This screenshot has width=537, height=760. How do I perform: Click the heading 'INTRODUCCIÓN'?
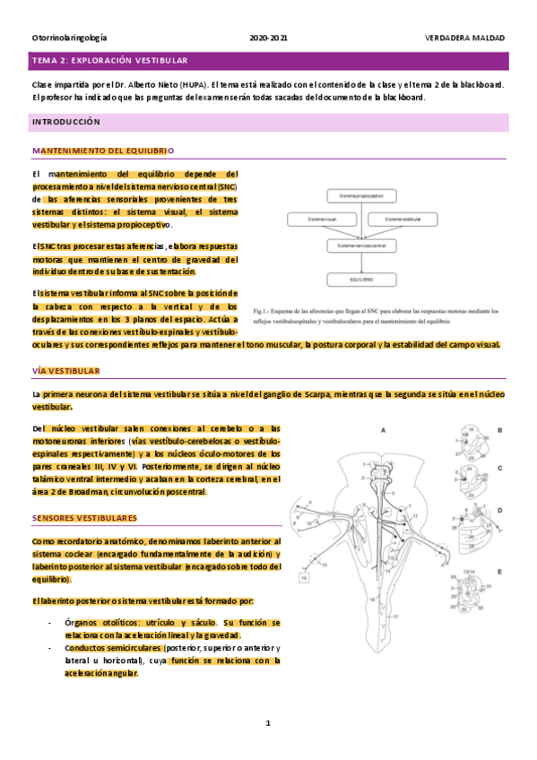[x=66, y=121]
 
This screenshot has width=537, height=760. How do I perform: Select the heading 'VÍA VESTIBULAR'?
[x=66, y=371]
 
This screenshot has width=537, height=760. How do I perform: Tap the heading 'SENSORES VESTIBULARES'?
[x=84, y=519]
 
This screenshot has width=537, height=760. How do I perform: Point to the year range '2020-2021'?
[x=268, y=39]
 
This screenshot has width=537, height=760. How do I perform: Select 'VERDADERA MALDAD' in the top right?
[x=464, y=39]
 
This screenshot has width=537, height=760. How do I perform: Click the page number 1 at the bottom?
[x=268, y=722]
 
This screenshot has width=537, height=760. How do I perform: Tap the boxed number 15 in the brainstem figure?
[x=304, y=579]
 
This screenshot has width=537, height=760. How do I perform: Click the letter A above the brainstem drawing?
[x=383, y=431]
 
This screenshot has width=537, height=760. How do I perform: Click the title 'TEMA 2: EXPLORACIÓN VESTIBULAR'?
[x=109, y=60]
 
